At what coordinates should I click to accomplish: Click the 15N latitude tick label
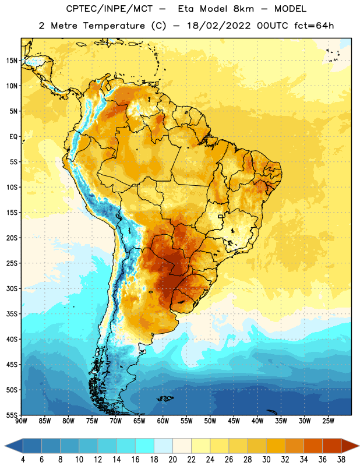point(12,61)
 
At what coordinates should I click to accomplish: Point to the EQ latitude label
point(13,137)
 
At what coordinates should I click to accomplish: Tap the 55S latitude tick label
point(12,415)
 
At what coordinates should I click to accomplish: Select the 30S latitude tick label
point(12,288)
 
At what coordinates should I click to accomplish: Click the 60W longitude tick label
point(163,421)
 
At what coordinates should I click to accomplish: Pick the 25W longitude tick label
point(328,421)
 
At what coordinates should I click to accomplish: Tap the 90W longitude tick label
point(21,421)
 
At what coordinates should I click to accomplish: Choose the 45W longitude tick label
point(234,421)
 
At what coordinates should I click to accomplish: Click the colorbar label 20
point(172,460)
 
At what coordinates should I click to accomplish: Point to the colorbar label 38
point(341,460)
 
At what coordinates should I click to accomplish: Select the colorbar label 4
point(23,460)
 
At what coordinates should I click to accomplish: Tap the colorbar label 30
point(266,460)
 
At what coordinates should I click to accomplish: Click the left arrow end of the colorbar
point(5,446)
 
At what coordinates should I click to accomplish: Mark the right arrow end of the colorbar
point(358,446)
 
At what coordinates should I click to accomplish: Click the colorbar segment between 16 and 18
point(144,446)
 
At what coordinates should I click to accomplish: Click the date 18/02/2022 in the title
point(219,26)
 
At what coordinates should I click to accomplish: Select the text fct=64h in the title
point(314,26)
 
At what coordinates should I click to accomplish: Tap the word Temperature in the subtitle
point(114,26)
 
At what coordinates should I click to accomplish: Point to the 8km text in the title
point(243,9)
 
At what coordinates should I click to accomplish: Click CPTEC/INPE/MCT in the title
point(109,9)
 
